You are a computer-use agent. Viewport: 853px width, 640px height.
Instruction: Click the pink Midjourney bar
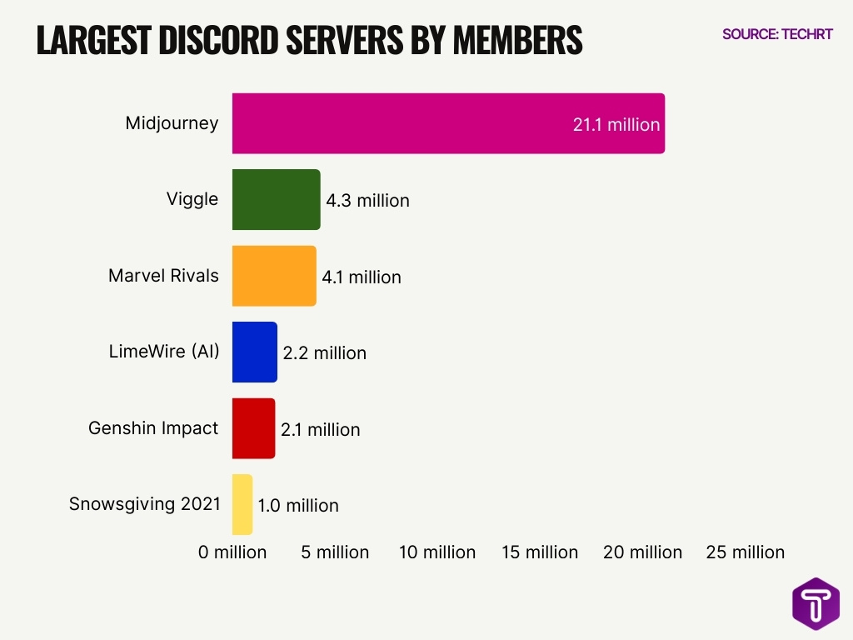pyautogui.click(x=448, y=123)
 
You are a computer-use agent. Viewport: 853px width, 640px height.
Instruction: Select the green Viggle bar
pyautogui.click(x=276, y=200)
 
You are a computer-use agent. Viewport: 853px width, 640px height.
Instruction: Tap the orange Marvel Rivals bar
pyautogui.click(x=274, y=276)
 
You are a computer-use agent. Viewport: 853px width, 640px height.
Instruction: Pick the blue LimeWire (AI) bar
pyautogui.click(x=254, y=352)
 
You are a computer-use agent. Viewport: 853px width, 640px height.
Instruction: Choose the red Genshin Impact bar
pyautogui.click(x=253, y=428)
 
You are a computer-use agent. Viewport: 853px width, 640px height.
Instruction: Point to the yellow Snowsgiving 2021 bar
pyautogui.click(x=242, y=504)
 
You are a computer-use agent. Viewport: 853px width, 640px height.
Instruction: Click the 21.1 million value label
pyautogui.click(x=616, y=125)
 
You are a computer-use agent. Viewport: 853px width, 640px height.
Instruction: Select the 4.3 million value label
pyautogui.click(x=367, y=201)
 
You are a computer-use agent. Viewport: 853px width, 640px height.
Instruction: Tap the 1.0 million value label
pyautogui.click(x=297, y=506)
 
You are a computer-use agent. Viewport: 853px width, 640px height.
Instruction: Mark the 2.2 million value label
pyautogui.click(x=324, y=353)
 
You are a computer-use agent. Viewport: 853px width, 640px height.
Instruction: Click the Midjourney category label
pyautogui.click(x=172, y=123)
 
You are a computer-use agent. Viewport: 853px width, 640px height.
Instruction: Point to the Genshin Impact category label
pyautogui.click(x=153, y=428)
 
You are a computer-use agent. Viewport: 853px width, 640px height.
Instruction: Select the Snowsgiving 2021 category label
pyautogui.click(x=145, y=504)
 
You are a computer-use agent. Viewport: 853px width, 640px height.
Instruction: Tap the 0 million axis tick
pyautogui.click(x=232, y=552)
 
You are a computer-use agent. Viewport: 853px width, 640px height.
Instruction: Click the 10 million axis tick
pyautogui.click(x=437, y=552)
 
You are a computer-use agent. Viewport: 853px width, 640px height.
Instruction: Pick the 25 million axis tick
pyautogui.click(x=745, y=552)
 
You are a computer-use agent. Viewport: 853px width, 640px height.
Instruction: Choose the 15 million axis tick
pyautogui.click(x=540, y=552)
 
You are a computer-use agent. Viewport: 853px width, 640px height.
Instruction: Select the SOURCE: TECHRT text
pyautogui.click(x=776, y=35)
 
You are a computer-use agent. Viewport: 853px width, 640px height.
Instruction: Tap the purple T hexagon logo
pyautogui.click(x=816, y=604)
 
